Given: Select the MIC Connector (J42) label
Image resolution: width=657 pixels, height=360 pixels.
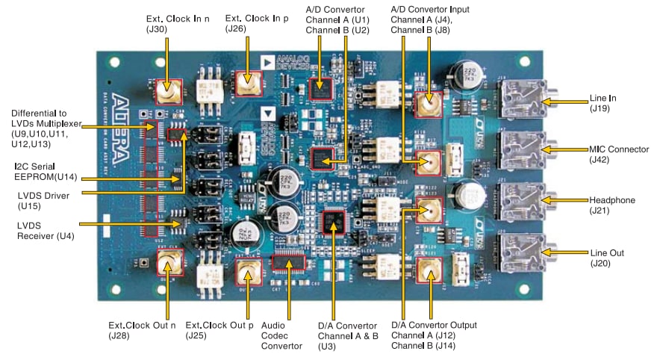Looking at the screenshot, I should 611,154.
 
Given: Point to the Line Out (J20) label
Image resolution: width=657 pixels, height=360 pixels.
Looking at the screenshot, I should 606,258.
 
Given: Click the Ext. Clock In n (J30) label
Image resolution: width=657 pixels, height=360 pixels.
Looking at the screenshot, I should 168,22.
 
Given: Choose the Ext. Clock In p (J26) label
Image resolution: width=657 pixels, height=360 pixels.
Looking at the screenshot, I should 249,22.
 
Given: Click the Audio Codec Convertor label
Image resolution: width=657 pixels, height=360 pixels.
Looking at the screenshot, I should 285,335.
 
